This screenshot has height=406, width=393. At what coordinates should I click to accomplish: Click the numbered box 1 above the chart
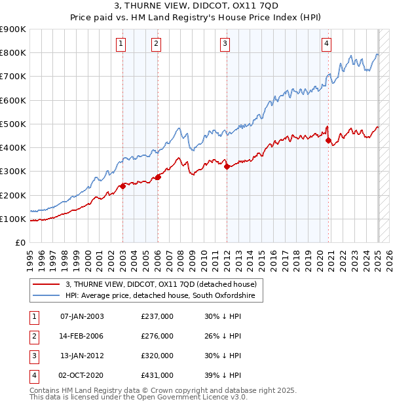[x=122, y=44]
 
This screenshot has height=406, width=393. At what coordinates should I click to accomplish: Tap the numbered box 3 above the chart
[x=225, y=44]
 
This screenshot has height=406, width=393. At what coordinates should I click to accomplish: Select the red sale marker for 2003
[x=122, y=186]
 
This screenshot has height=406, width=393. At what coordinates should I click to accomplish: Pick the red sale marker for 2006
[x=158, y=177]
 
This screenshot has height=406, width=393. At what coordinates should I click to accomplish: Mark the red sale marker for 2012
[x=227, y=166]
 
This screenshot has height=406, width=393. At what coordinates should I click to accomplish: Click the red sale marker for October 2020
[x=328, y=139]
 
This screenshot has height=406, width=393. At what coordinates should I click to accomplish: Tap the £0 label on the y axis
[x=20, y=243]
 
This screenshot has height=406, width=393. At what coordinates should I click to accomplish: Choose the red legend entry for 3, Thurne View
[x=164, y=284]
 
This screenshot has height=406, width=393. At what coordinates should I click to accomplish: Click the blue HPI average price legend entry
[x=164, y=296]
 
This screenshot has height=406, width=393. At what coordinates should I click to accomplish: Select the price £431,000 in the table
[x=157, y=375]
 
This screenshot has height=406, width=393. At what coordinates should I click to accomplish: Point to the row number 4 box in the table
[x=33, y=375]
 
